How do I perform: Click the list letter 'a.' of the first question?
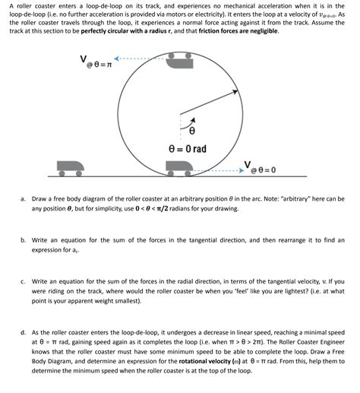[x=23, y=198]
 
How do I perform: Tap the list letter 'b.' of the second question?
[x=23, y=239]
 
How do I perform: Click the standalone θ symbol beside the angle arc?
[x=182, y=131]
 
